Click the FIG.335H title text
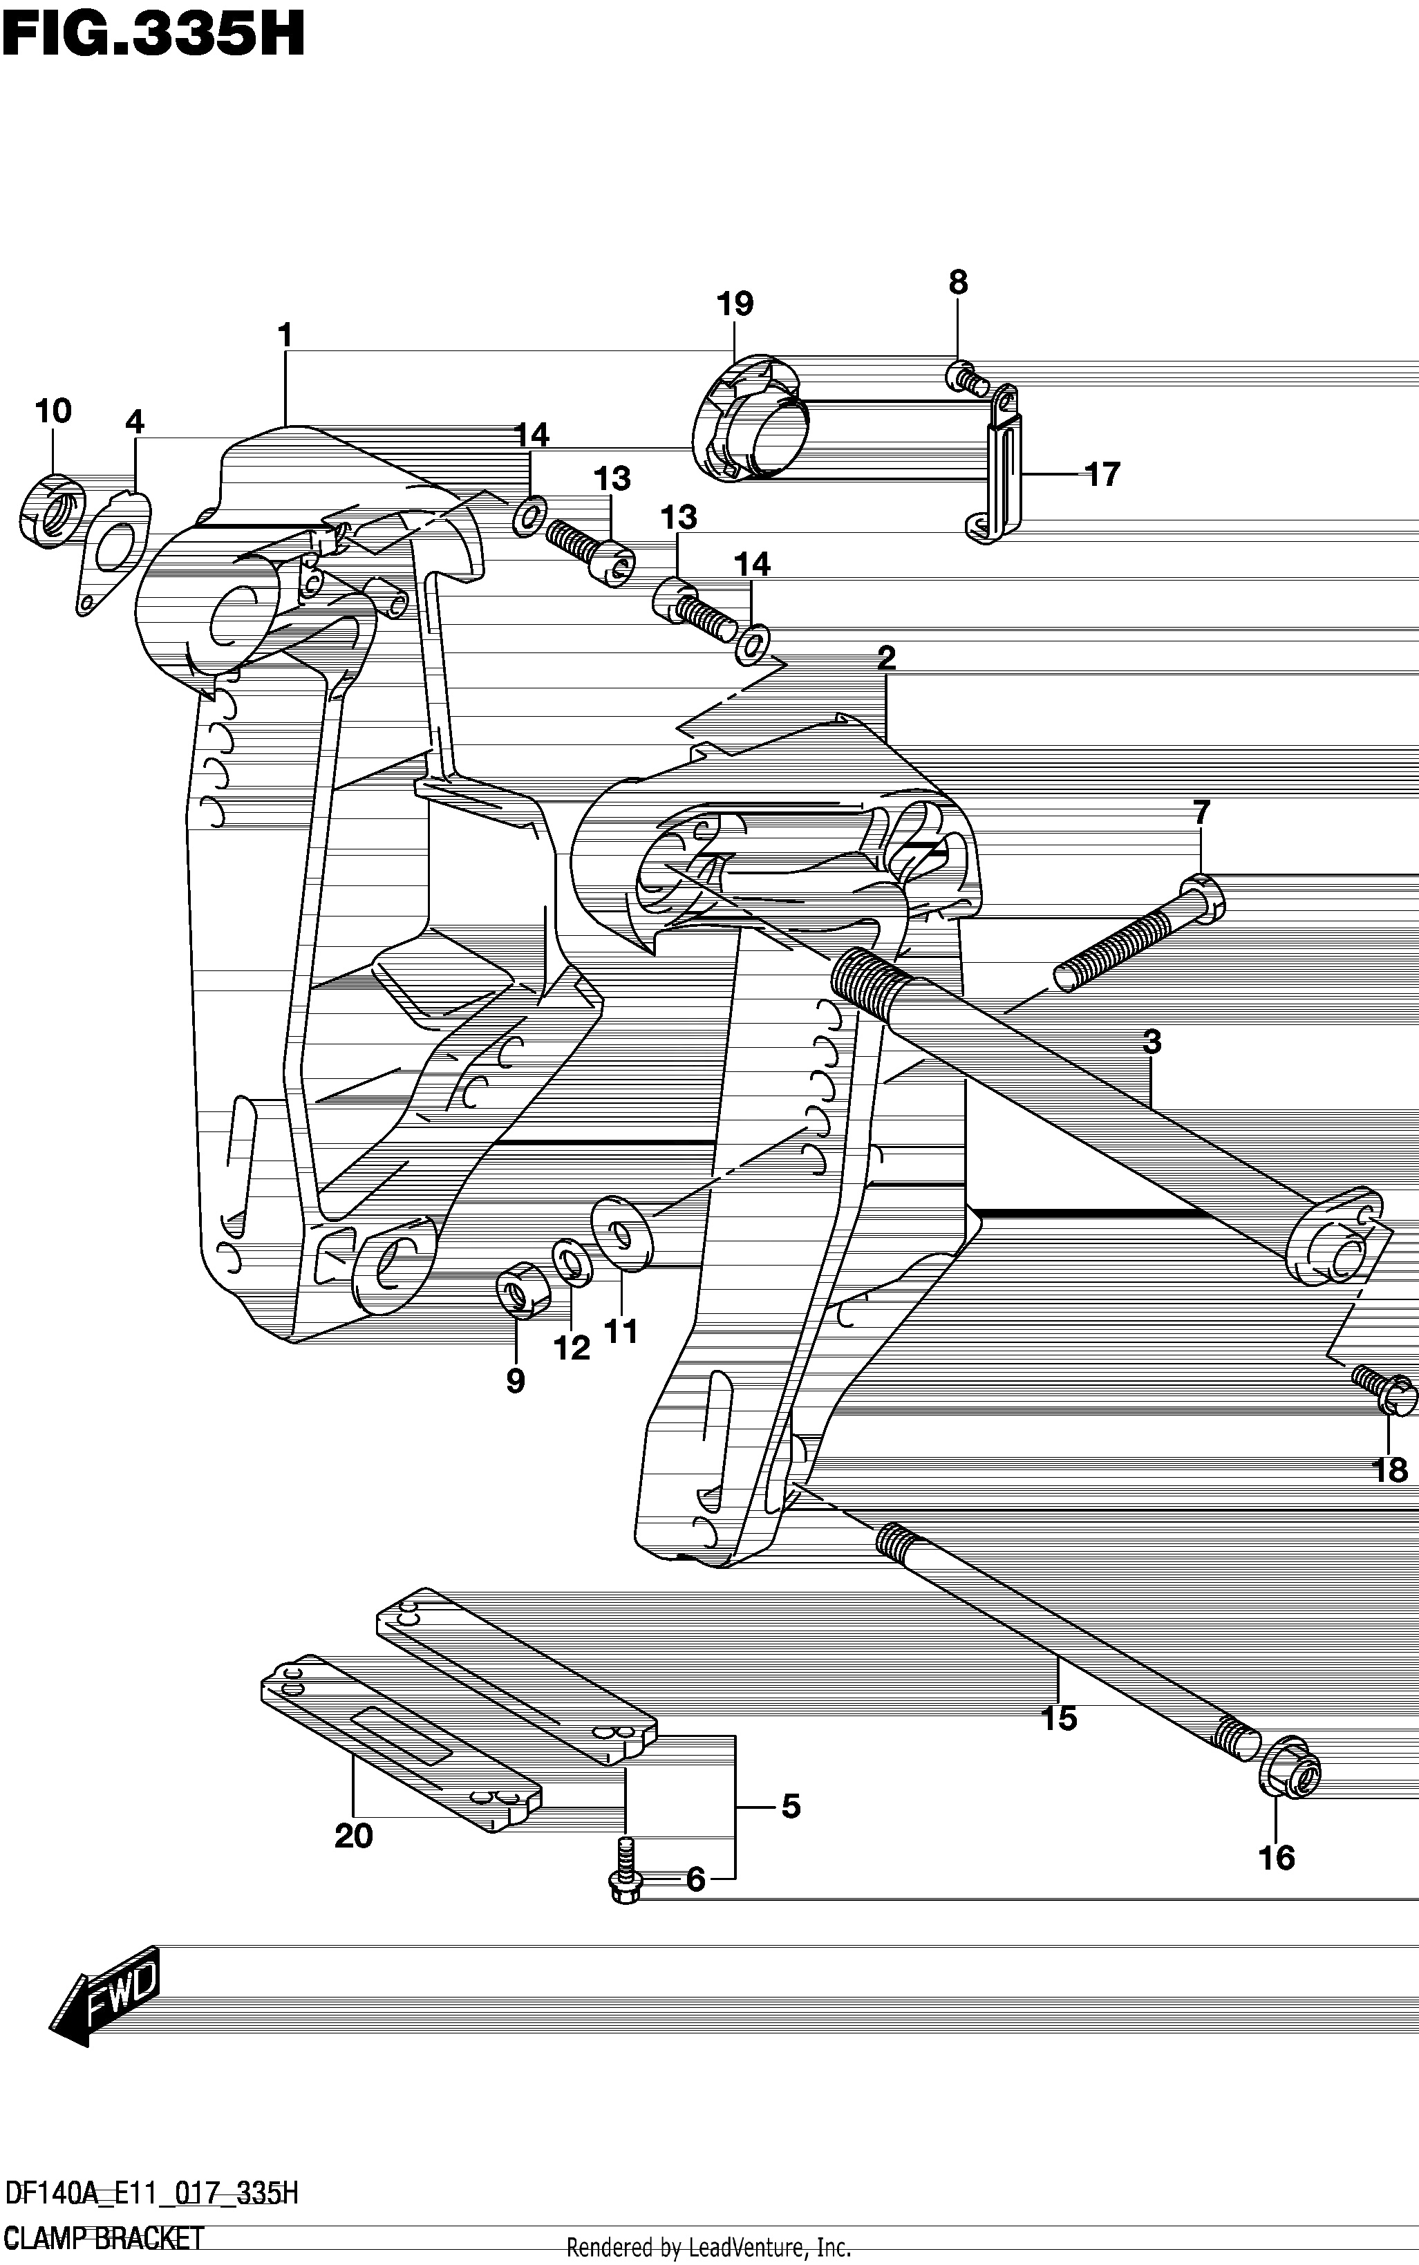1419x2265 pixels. point(153,37)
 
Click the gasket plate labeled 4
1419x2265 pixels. point(113,553)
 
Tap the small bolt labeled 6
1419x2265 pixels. point(624,1870)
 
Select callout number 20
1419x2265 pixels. point(354,1835)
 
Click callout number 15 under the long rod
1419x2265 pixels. point(1059,1719)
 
